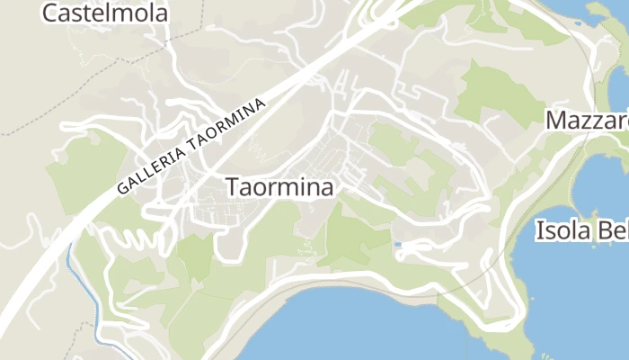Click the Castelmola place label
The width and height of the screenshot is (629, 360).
point(93,13)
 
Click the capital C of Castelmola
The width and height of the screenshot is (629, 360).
point(50,13)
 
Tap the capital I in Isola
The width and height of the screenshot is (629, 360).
point(539,230)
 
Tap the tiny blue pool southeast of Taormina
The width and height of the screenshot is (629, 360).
point(397,244)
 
